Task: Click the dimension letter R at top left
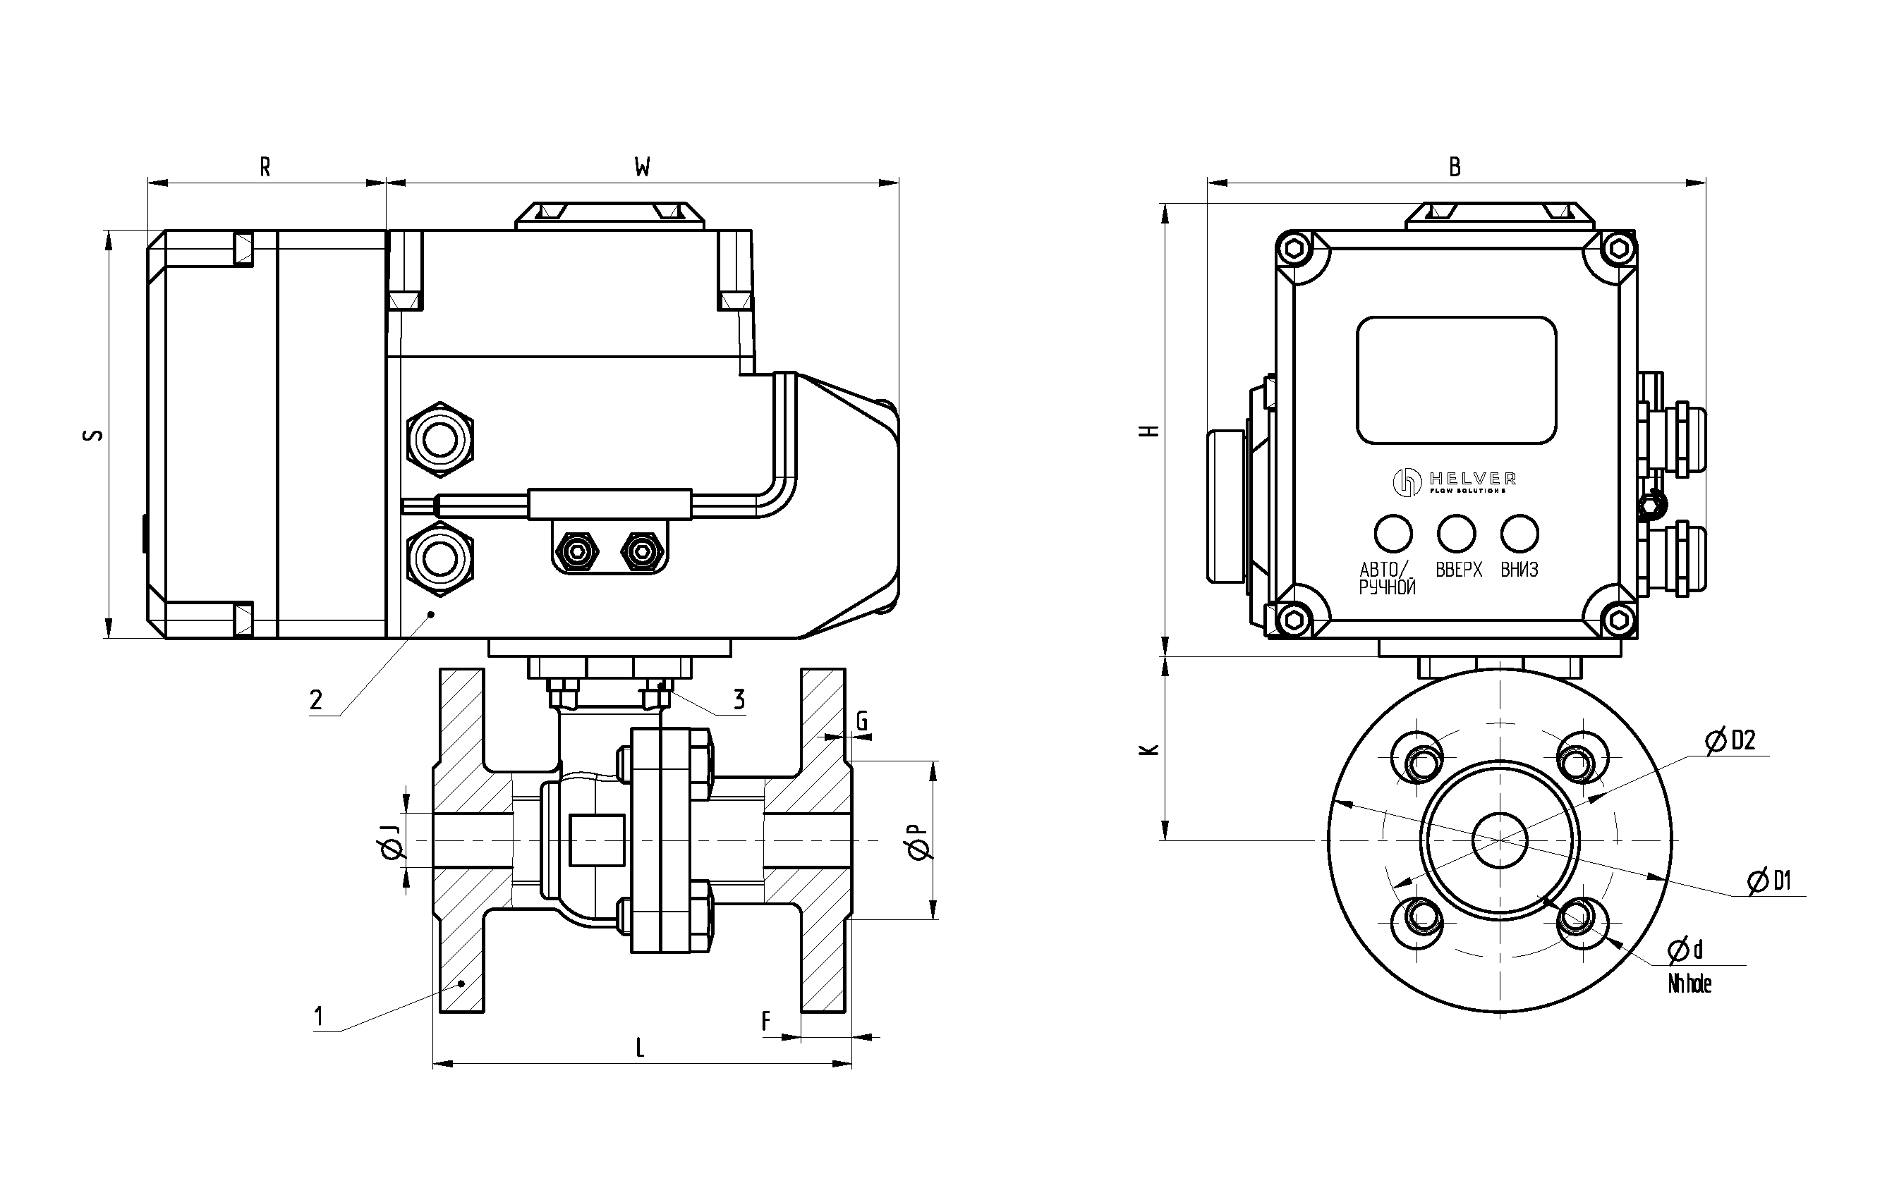point(265,167)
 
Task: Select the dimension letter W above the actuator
point(643,167)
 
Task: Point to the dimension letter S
point(93,434)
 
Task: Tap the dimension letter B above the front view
point(1455,167)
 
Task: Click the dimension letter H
point(1151,430)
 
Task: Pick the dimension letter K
point(1151,749)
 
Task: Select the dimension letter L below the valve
point(641,1048)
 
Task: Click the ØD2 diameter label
point(1731,741)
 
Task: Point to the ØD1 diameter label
point(1770,881)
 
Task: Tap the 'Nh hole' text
point(1690,983)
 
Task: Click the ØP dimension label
point(918,841)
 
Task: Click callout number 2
point(316,700)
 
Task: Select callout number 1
point(319,1017)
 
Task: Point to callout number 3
point(739,699)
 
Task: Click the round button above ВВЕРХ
point(1456,534)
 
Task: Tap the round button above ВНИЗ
point(1519,534)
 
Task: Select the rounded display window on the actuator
point(1456,380)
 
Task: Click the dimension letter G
point(862,721)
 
